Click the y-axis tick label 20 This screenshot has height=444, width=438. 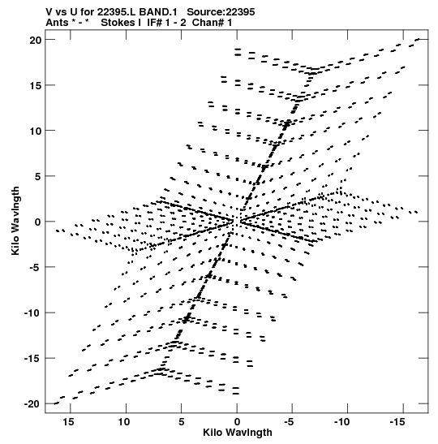pyautogui.click(x=36, y=41)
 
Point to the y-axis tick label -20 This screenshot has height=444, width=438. pyautogui.click(x=32, y=404)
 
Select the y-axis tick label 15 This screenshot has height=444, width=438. pyautogui.click(x=36, y=85)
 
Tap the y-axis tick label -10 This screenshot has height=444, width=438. pyautogui.click(x=32, y=313)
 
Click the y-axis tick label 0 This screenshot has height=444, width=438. pyautogui.click(x=38, y=222)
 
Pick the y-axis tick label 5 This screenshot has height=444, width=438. pyautogui.click(x=38, y=177)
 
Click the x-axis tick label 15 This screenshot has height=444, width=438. pyautogui.click(x=68, y=422)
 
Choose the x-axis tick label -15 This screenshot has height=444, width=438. pyautogui.click(x=397, y=422)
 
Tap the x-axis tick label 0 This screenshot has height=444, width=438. pyautogui.click(x=237, y=422)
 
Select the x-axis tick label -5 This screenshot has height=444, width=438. pyautogui.click(x=289, y=422)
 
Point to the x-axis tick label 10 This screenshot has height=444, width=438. pyautogui.click(x=124, y=422)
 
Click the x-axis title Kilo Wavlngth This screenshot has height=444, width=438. pyautogui.click(x=238, y=433)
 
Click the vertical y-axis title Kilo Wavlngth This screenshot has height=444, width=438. pyautogui.click(x=15, y=221)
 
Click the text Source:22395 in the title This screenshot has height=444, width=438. pyautogui.click(x=221, y=12)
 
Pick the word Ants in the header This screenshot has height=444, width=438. pyautogui.click(x=57, y=23)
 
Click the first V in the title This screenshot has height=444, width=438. pyautogui.click(x=49, y=12)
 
